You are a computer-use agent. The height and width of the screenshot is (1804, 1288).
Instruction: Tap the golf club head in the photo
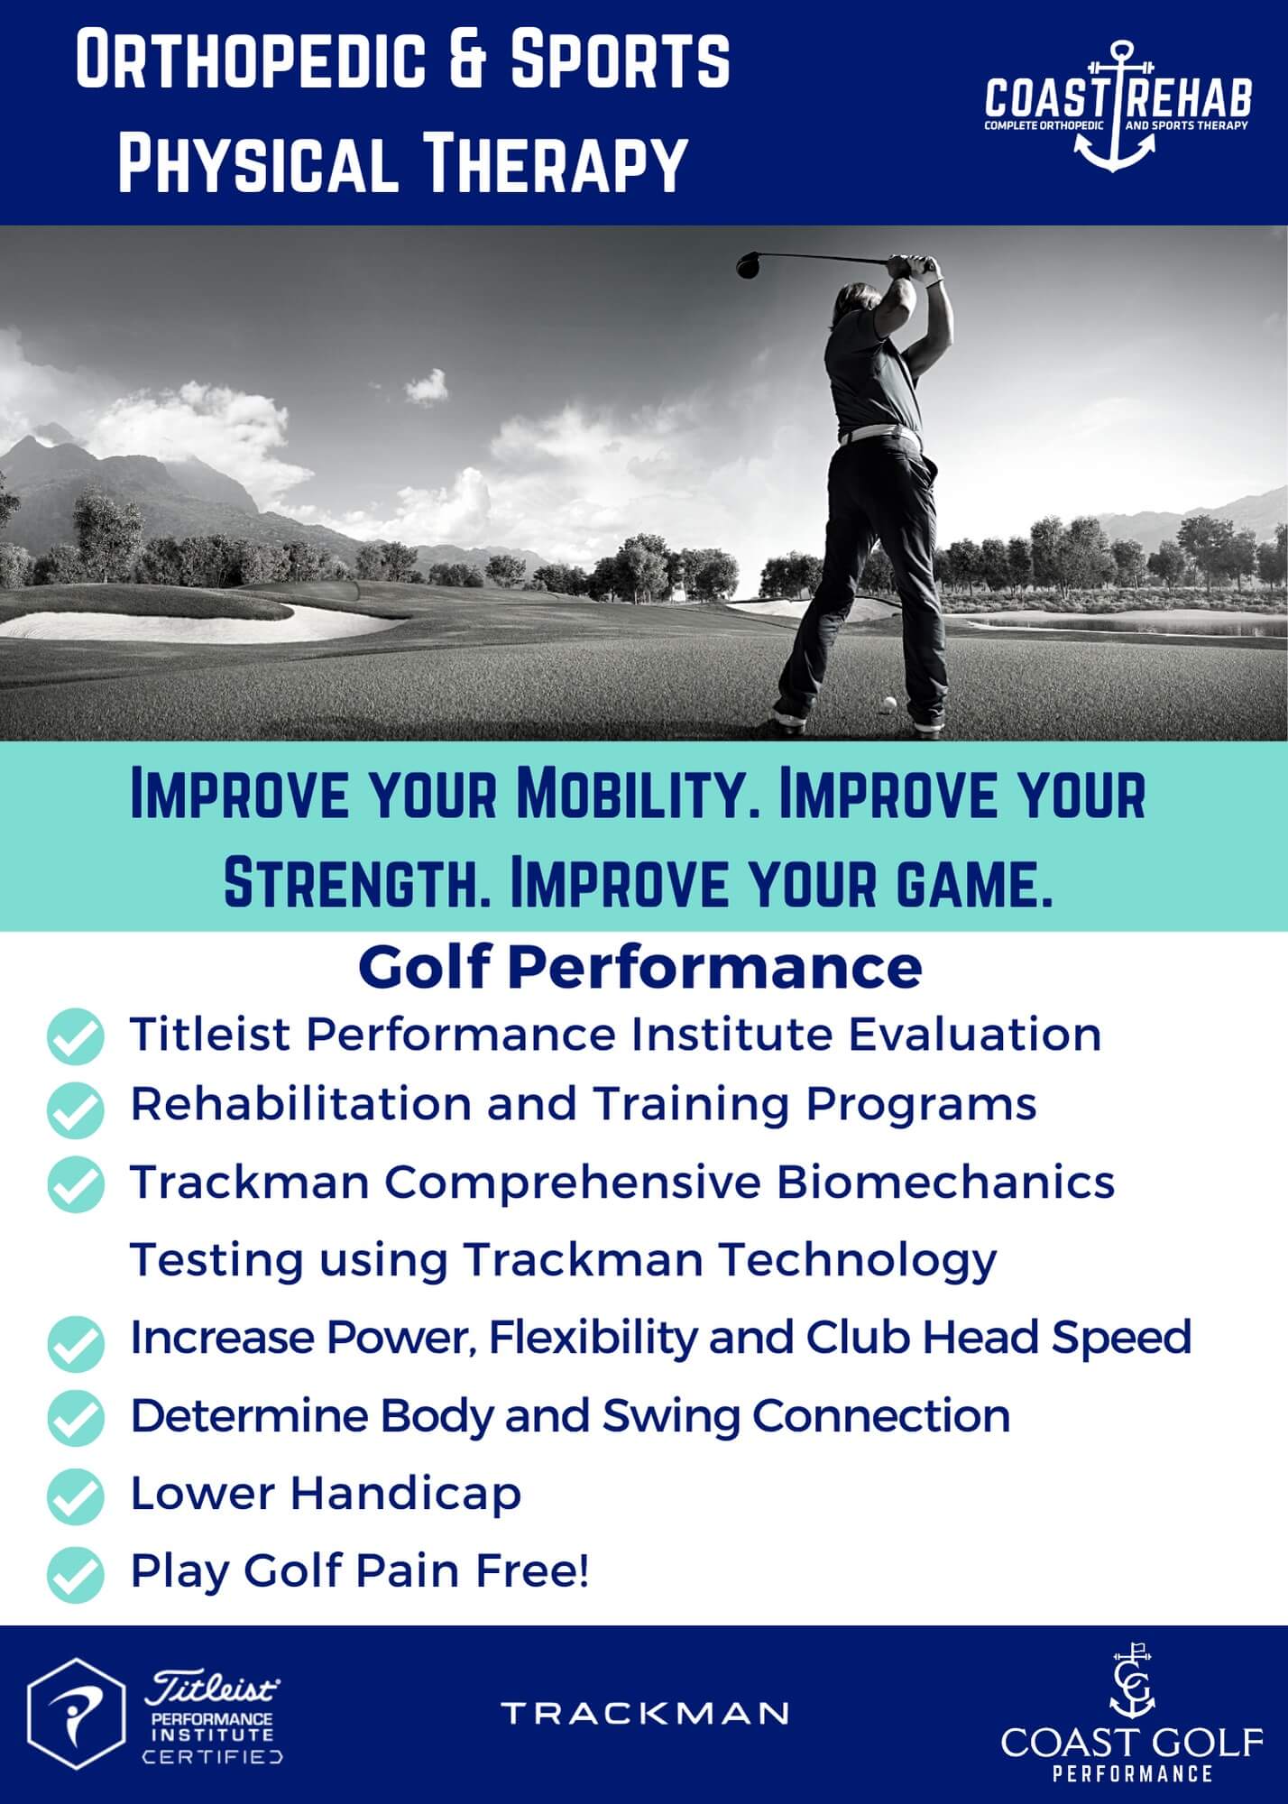[x=750, y=264]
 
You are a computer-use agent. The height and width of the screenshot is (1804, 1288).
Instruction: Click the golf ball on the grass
[x=889, y=703]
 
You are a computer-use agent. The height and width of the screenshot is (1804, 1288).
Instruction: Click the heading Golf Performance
[x=639, y=967]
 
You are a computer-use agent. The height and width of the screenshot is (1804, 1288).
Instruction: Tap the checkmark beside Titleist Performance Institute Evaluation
[x=76, y=1036]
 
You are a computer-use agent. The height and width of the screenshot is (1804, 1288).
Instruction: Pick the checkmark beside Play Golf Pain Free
[x=76, y=1574]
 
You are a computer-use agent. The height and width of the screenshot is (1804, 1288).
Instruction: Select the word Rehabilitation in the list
[x=301, y=1104]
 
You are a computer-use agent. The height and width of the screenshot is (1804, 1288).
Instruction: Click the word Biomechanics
[x=945, y=1183]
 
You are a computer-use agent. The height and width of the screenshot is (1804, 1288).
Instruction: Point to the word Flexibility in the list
[x=593, y=1338]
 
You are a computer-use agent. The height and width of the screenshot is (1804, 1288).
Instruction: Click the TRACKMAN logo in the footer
[x=644, y=1713]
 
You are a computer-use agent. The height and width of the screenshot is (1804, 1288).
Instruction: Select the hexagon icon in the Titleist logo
[x=76, y=1714]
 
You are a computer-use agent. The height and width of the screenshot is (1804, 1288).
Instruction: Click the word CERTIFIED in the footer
[x=213, y=1756]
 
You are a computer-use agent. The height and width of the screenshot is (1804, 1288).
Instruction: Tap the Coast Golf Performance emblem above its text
[x=1132, y=1683]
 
